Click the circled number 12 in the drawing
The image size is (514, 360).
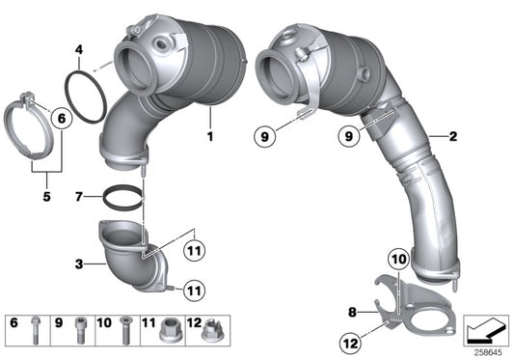coord(348,340)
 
